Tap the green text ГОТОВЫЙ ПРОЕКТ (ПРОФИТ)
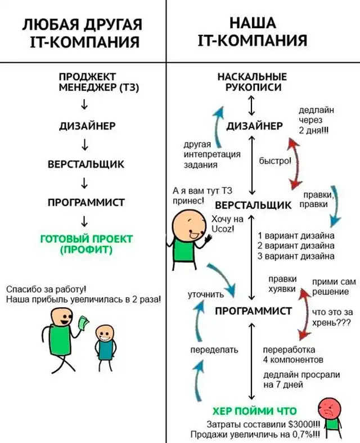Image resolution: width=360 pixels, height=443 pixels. click(87, 244)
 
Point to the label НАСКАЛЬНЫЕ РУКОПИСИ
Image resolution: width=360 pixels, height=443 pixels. click(251, 82)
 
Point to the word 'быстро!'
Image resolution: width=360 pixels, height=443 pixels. click(275, 161)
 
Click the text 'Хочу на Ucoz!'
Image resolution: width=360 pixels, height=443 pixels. click(223, 223)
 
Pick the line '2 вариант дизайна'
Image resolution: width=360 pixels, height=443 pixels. click(296, 245)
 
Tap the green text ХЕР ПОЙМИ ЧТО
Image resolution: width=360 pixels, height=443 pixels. click(255, 410)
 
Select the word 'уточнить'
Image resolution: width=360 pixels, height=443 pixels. click(206, 294)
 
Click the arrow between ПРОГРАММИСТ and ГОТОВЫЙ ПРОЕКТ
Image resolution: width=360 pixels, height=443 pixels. click(83, 220)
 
